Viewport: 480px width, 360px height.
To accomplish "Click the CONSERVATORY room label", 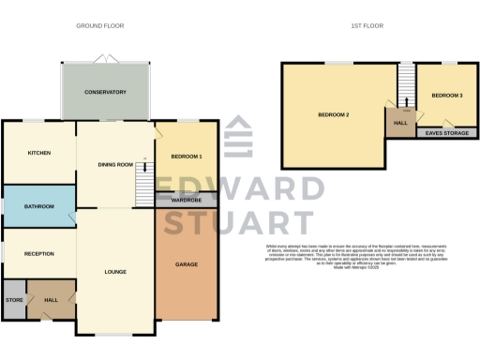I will (x=105, y=92).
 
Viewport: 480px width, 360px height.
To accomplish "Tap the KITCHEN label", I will (x=38, y=153).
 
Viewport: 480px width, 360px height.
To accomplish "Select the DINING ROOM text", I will (x=115, y=165).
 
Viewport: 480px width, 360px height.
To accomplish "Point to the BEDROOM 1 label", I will (x=187, y=156).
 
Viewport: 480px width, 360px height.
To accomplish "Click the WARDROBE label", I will (x=186, y=200).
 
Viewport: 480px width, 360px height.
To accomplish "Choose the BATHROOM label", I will (x=38, y=206).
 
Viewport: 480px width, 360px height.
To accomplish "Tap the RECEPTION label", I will (x=38, y=254).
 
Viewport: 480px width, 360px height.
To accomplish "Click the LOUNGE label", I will (x=115, y=272).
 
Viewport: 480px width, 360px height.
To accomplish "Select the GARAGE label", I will (x=186, y=265).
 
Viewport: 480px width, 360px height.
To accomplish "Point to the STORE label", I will (x=14, y=300).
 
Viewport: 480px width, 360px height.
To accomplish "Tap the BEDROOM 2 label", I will (x=333, y=114).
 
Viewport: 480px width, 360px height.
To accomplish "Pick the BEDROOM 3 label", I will (x=446, y=96).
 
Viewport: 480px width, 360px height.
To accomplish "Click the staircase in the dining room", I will (x=143, y=180).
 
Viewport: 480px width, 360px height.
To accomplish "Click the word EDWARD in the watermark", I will (x=239, y=187).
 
